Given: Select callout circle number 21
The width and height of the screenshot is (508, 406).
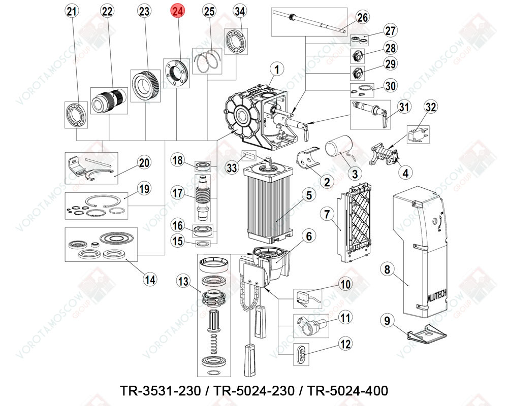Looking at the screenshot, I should [x=73, y=12].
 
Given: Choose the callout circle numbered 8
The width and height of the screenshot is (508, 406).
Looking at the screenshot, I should [x=388, y=269].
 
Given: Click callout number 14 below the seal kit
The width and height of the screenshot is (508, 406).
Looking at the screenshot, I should [x=150, y=279].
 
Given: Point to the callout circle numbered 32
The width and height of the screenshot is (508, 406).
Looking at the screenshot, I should [x=431, y=107].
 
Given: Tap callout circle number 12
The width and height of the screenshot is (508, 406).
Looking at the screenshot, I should [x=345, y=344].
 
